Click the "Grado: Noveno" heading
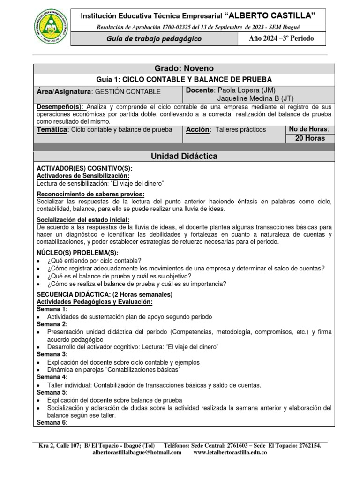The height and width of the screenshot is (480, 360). tap(183, 69)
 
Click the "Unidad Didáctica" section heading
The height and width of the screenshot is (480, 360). tap(183, 156)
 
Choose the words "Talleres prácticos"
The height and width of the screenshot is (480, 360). tap(240, 129)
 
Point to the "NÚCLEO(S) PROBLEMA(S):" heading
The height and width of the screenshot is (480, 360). tap(74, 253)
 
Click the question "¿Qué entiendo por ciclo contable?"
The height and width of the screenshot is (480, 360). tap(94, 261)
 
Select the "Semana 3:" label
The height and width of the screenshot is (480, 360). tap(52, 354)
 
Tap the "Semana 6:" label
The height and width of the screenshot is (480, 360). tap(52, 422)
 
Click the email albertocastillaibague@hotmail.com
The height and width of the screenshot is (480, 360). tap(137, 452)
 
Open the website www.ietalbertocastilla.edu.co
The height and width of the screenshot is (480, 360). tap(230, 452)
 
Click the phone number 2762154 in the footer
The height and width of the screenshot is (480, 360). tap(307, 445)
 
